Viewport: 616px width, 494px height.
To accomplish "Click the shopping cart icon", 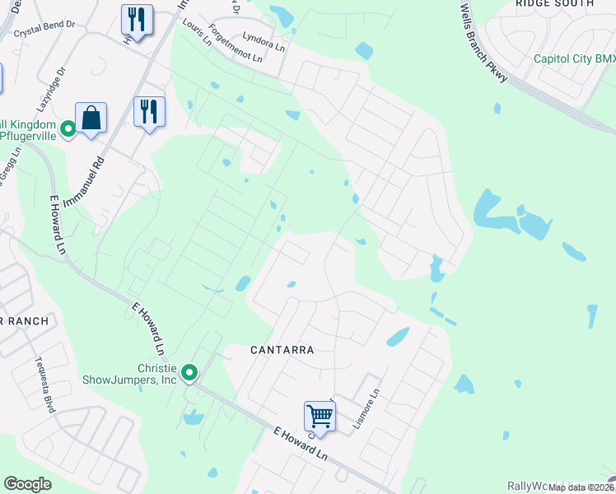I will coord(319,416).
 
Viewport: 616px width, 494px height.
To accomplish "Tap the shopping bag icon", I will coord(91,118).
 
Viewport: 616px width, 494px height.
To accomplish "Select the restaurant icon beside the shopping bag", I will coord(149,111).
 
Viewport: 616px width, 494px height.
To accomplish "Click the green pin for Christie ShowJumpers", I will coord(189,374).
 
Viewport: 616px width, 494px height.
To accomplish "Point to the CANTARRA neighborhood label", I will coord(282,350).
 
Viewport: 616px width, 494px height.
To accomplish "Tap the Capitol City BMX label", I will coord(574,58).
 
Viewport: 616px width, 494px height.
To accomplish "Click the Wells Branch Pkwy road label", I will coord(485,40).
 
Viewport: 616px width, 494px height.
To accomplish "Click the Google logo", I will coord(27,484).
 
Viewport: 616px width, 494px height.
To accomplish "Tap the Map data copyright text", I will coord(581,487).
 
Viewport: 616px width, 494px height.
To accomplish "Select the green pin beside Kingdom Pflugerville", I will coord(68,128).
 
